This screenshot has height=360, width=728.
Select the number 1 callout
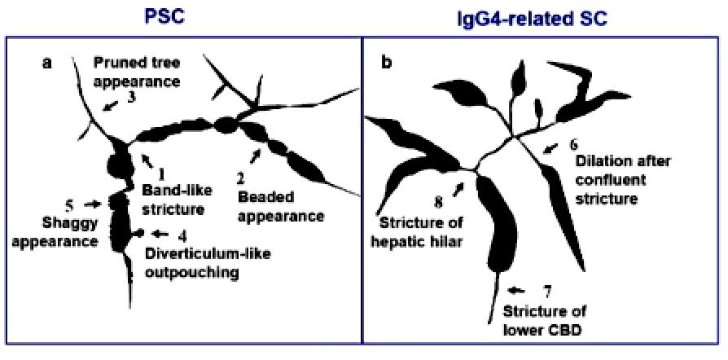click(161, 173)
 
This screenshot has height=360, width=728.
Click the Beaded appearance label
click(280, 207)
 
